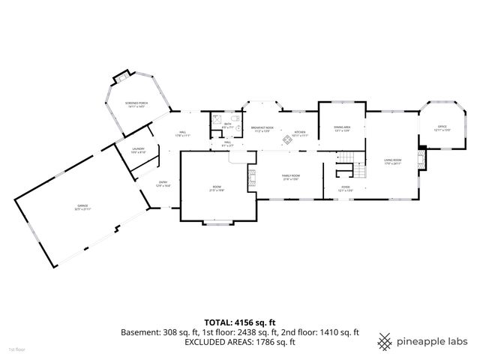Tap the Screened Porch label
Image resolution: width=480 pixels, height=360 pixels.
click(x=136, y=104)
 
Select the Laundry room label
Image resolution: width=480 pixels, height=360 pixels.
click(x=139, y=150)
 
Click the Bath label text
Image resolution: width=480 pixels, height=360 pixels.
click(x=227, y=124)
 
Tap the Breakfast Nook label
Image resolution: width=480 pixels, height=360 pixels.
click(x=262, y=129)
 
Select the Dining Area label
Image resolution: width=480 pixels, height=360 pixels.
click(x=342, y=129)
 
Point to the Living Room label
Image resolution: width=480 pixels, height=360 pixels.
click(x=393, y=161)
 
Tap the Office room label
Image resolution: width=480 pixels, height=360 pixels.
click(x=442, y=129)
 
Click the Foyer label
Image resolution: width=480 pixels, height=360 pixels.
click(x=346, y=189)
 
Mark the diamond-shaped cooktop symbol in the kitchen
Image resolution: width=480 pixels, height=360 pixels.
click(x=285, y=139)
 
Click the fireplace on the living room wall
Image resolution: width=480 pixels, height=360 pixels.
click(x=421, y=158)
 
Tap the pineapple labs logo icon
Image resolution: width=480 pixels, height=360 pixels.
click(x=385, y=341)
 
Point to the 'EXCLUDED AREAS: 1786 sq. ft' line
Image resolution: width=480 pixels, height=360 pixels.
click(x=240, y=342)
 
